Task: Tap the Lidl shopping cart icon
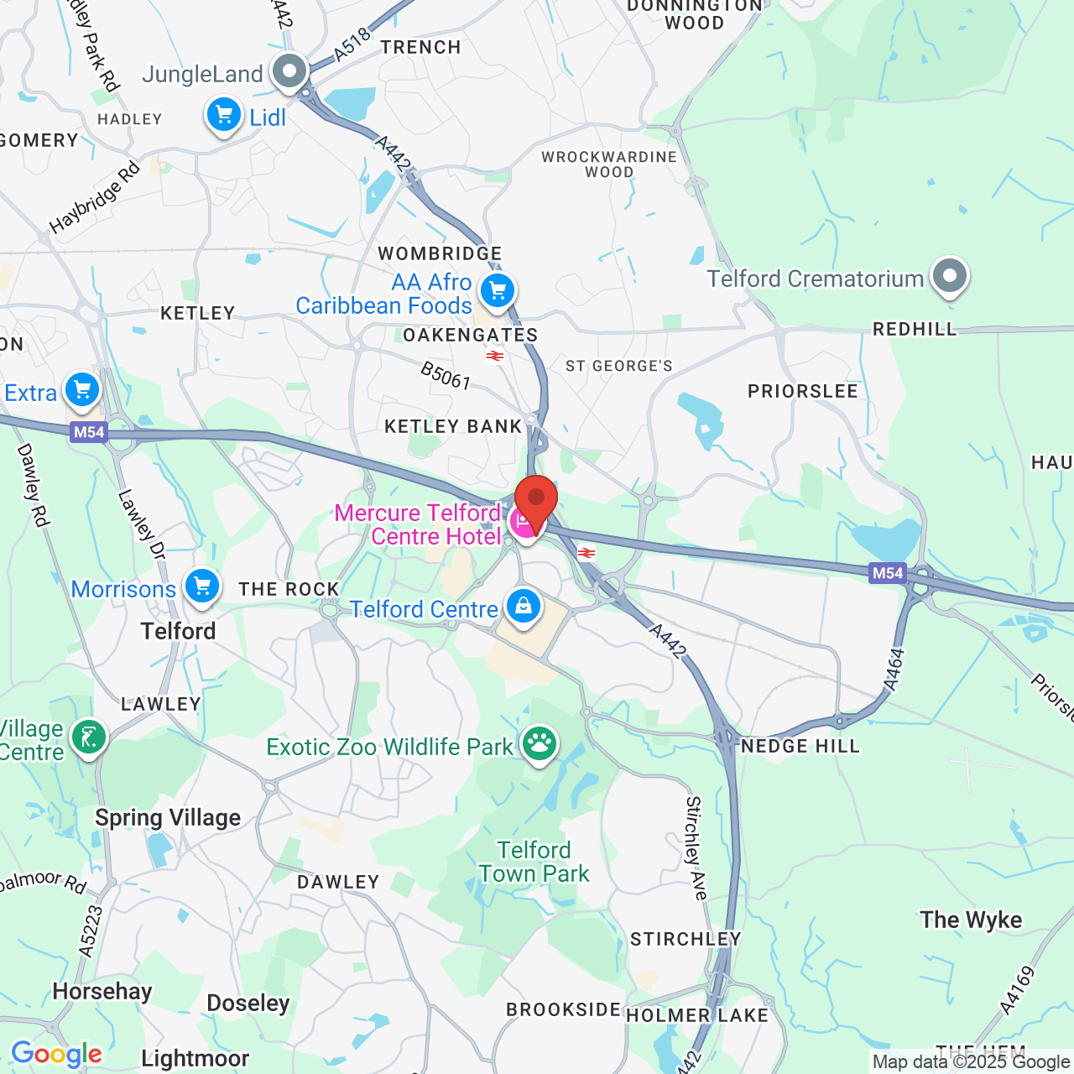(224, 115)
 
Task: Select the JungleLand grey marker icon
(290, 72)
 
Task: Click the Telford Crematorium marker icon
(950, 276)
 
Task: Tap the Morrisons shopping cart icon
(202, 587)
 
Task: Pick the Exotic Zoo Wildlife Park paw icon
(539, 744)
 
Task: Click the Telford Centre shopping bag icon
(523, 606)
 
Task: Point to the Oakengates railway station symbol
(495, 356)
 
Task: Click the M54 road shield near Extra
(89, 432)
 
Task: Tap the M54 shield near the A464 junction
(888, 573)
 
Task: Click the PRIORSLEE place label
(803, 392)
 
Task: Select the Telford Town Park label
(534, 862)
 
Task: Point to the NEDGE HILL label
(800, 746)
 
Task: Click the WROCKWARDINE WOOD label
(609, 164)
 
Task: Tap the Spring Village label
(168, 817)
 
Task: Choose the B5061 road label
(446, 375)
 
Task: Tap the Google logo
(56, 1054)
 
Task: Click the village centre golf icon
(89, 738)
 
